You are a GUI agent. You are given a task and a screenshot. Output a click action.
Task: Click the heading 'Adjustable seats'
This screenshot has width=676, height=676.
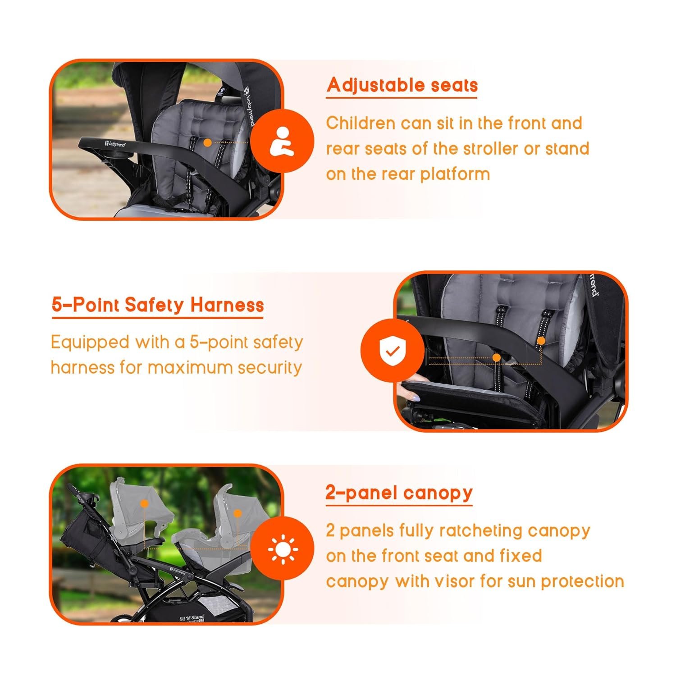tap(402, 85)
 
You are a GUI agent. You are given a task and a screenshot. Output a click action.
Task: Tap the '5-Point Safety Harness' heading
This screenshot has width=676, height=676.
tap(158, 305)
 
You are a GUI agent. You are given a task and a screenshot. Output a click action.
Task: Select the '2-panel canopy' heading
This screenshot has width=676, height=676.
tap(399, 493)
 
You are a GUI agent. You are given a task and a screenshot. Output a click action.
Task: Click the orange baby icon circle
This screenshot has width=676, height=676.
tap(282, 142)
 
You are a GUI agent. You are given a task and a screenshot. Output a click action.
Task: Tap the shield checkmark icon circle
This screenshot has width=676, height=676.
tap(393, 350)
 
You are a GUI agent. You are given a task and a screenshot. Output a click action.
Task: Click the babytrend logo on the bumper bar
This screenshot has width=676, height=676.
tap(115, 144)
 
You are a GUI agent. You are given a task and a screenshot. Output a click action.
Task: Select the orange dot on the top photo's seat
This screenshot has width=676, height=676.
tap(207, 143)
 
